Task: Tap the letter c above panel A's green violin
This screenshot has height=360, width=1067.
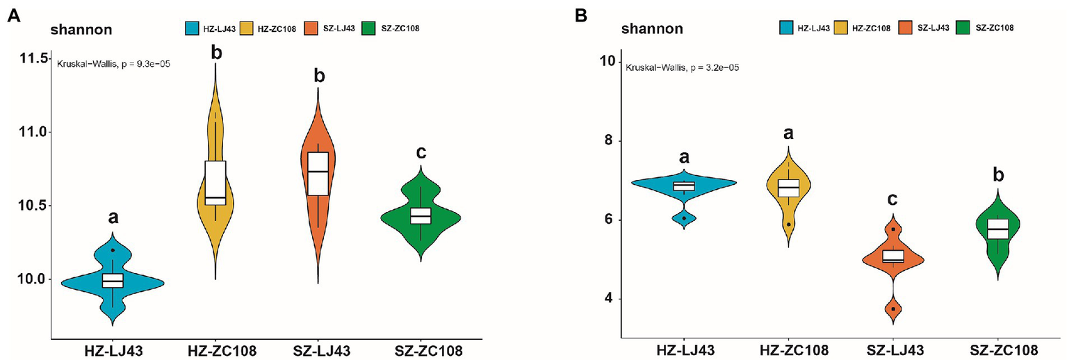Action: pos(421,152)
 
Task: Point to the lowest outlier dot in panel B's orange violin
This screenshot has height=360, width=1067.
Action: pos(893,309)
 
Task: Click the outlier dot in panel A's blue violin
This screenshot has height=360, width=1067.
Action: pos(113,250)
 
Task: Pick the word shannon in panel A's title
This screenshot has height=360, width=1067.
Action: pos(81,29)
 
